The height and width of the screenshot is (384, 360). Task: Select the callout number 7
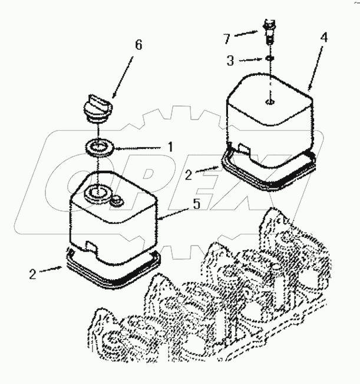(227, 40)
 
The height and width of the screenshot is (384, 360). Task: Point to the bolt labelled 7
(270, 32)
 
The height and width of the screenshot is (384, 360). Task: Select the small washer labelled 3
(269, 59)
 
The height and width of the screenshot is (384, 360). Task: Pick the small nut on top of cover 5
(116, 201)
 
